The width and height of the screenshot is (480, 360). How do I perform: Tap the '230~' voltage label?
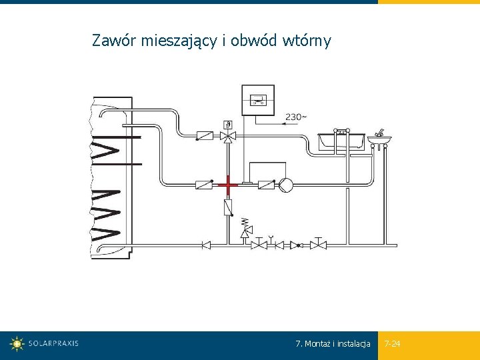coord(297,117)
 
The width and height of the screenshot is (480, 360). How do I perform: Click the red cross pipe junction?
coord(228,183)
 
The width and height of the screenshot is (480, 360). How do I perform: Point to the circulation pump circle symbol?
coord(285,184)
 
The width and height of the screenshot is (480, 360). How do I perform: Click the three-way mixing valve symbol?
coord(228,136)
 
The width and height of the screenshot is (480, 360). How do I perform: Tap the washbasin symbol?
coord(379,139)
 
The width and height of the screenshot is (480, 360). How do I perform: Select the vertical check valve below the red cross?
coord(228,207)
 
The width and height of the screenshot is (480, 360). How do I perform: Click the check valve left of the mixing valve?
coord(204,136)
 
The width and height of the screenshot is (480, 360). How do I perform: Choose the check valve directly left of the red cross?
coord(204,184)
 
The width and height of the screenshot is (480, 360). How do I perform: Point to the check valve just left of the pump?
coord(266,184)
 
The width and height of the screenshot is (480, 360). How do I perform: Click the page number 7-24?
coord(393,344)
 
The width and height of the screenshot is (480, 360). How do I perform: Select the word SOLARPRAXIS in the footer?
coord(53,344)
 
